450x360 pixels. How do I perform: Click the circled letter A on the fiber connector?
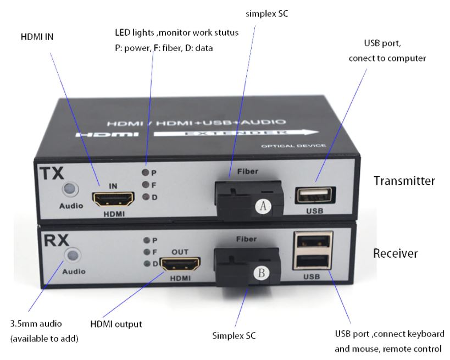263,206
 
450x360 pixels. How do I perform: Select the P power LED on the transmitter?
146,173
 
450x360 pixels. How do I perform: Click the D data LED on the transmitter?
146,197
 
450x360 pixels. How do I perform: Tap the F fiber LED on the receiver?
147,252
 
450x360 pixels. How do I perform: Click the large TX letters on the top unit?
52,173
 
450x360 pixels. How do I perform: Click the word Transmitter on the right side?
404,180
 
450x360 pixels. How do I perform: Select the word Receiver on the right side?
395,253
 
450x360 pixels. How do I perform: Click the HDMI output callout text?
116,324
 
